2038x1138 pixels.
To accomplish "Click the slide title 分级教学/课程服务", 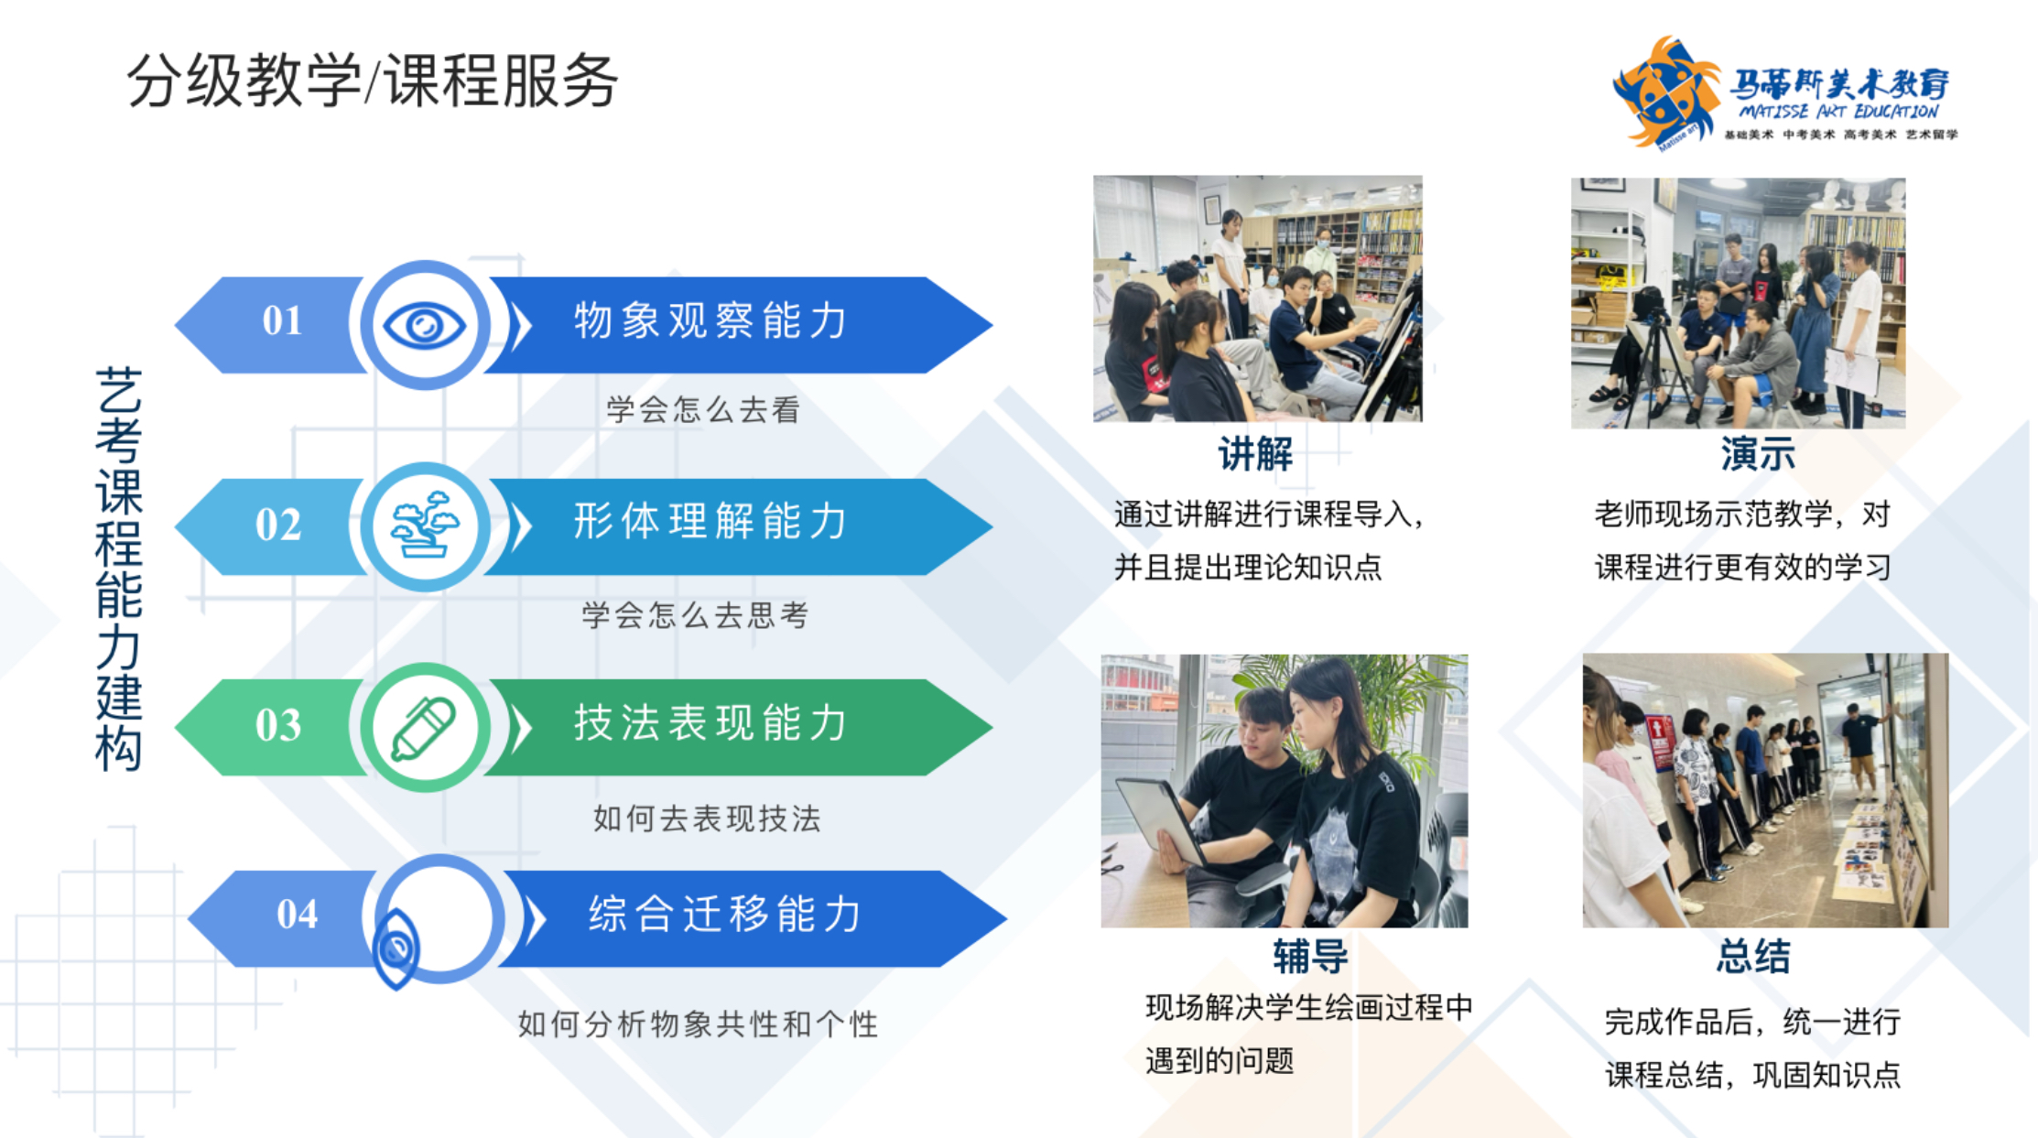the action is coord(372,81).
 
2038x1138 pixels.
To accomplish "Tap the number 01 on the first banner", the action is coord(282,320).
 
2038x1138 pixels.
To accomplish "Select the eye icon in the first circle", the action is coord(425,325).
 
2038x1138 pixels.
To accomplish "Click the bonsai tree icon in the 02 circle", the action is coord(425,525).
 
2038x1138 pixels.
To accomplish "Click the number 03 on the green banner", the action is coord(278,725).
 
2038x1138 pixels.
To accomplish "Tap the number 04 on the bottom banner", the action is coord(298,914).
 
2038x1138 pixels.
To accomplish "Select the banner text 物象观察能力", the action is coord(710,320).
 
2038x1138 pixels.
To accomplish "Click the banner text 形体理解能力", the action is coord(710,521).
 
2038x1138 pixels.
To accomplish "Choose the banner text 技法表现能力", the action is coord(710,722).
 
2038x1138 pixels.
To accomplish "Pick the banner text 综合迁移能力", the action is coord(725,914).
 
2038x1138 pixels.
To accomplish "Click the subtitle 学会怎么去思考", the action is coord(695,615).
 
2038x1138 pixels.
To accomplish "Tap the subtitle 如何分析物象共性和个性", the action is coord(698,1024).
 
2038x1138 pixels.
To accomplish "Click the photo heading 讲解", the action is coord(1255,454).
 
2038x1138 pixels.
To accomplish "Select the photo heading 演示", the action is coord(1758,454).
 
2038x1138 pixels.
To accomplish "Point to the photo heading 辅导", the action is coord(1310,957).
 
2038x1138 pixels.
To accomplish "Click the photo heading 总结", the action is coord(1753,957).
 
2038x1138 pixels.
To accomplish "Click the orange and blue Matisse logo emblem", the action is coord(1665,92).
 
